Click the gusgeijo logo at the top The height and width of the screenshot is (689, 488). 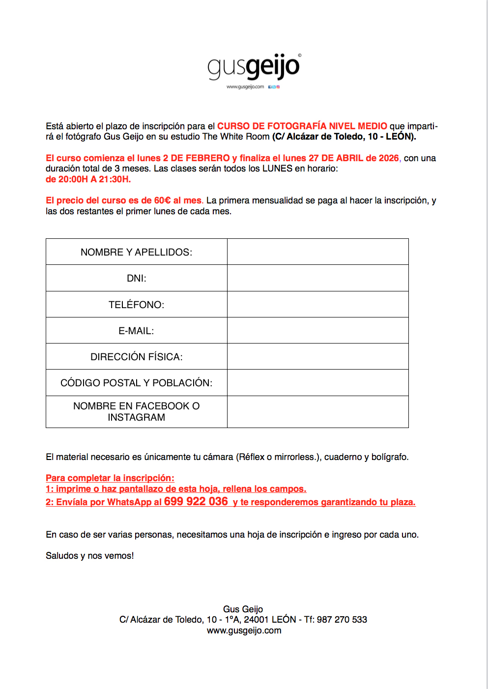[x=253, y=67]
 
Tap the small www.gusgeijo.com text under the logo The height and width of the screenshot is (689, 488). [x=245, y=87]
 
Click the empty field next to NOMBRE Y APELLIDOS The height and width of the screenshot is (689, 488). [x=317, y=252]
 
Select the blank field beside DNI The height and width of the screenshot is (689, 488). [x=317, y=278]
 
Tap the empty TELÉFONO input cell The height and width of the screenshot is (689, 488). [x=317, y=304]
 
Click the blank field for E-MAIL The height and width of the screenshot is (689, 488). [x=317, y=330]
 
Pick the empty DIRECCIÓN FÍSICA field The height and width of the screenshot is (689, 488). [x=317, y=356]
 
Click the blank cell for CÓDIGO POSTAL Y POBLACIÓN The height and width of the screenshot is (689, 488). [x=317, y=382]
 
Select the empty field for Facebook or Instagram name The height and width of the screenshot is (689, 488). [x=317, y=412]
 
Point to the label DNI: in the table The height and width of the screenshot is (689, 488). [x=137, y=278]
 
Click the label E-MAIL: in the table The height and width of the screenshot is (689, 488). [x=136, y=331]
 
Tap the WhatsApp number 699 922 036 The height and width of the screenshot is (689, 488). [x=196, y=501]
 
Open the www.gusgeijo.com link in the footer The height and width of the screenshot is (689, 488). [x=244, y=631]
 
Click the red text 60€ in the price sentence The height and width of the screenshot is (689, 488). [x=162, y=201]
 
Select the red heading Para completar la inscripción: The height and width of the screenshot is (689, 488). [x=110, y=478]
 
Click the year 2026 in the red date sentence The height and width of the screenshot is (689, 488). [x=389, y=158]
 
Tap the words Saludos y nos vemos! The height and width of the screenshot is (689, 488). [x=90, y=556]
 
